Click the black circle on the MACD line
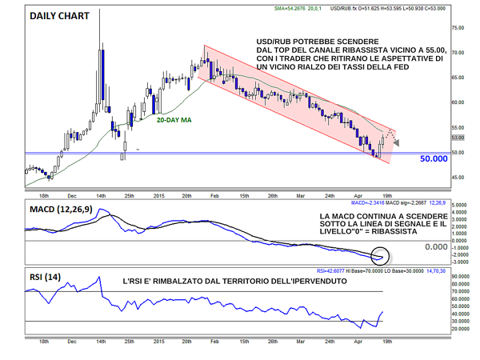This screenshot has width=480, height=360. point(382,256)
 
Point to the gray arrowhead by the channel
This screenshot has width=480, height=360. point(398,141)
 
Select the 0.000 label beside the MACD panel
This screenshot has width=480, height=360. point(437,247)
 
